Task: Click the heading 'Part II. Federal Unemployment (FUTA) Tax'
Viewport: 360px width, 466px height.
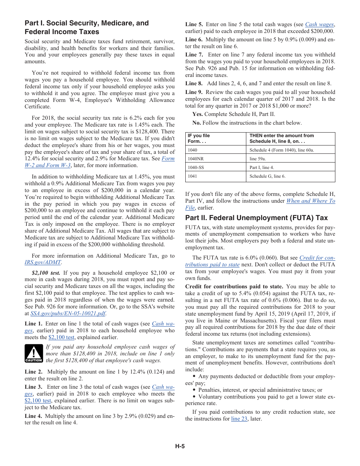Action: point(257,218)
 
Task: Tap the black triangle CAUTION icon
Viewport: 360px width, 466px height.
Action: point(33,353)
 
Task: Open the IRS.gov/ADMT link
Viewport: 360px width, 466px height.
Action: point(43,262)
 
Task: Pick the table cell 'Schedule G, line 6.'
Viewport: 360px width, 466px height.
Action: point(268,176)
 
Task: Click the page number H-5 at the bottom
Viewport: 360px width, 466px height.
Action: point(180,446)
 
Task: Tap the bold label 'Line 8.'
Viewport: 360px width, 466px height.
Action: point(194,83)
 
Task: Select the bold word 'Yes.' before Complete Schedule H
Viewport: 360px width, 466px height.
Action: point(197,114)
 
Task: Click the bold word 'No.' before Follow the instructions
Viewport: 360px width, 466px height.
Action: point(196,123)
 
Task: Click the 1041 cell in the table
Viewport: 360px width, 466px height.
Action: point(193,176)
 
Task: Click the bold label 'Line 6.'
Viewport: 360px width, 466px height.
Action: point(194,39)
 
